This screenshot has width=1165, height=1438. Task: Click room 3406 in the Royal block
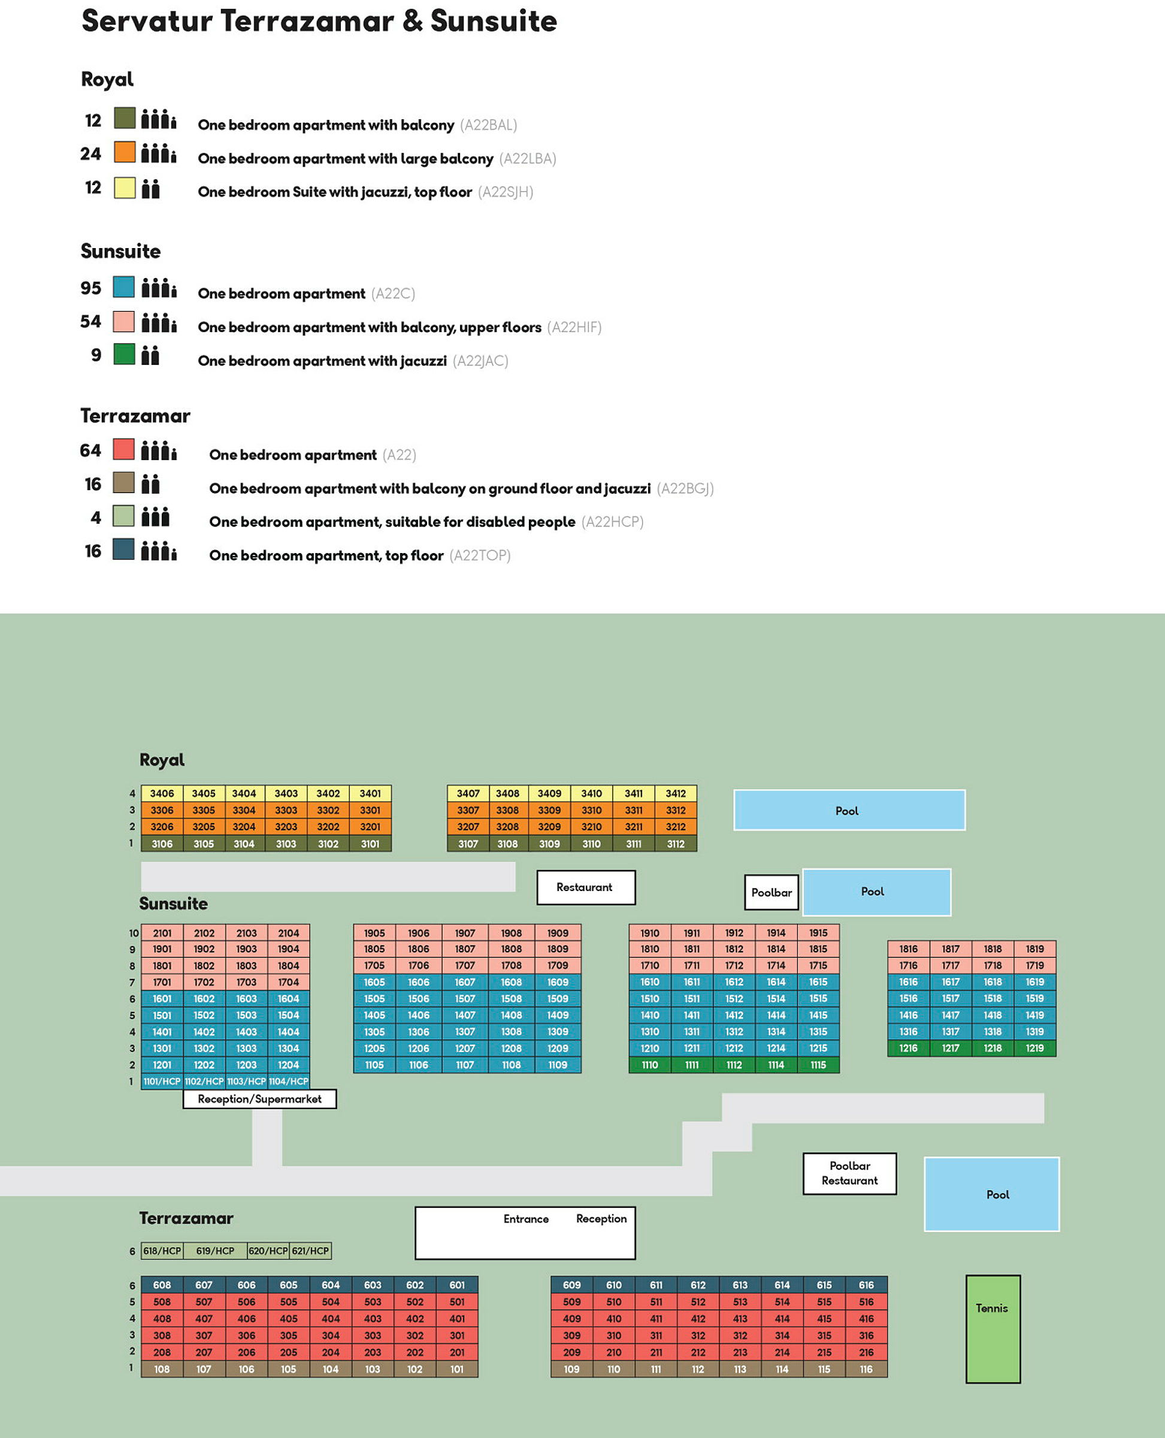pyautogui.click(x=162, y=793)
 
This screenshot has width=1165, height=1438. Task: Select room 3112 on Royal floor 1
pyautogui.click(x=676, y=844)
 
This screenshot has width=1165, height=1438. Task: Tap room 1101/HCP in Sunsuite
pyautogui.click(x=162, y=1081)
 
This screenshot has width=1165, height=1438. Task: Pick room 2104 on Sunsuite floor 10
pyautogui.click(x=289, y=933)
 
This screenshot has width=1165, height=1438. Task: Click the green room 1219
pyautogui.click(x=1035, y=1048)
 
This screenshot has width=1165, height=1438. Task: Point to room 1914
pyautogui.click(x=776, y=933)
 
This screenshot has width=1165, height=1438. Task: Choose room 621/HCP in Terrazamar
pyautogui.click(x=310, y=1250)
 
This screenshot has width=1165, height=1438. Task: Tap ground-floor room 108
pyautogui.click(x=162, y=1369)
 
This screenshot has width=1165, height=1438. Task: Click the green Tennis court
pyautogui.click(x=993, y=1329)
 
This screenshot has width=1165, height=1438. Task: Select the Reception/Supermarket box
pyautogui.click(x=260, y=1099)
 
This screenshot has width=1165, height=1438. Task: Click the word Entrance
pyautogui.click(x=526, y=1219)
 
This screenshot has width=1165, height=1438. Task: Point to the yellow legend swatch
pyautogui.click(x=125, y=188)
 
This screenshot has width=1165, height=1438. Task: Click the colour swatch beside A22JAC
pyautogui.click(x=124, y=354)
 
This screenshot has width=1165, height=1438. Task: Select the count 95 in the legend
pyautogui.click(x=91, y=288)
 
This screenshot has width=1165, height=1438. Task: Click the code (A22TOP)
pyautogui.click(x=480, y=555)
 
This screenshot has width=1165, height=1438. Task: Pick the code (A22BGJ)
pyautogui.click(x=685, y=488)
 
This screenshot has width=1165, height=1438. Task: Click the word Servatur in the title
pyautogui.click(x=147, y=21)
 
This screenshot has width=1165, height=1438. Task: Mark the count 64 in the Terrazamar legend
pyautogui.click(x=90, y=451)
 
